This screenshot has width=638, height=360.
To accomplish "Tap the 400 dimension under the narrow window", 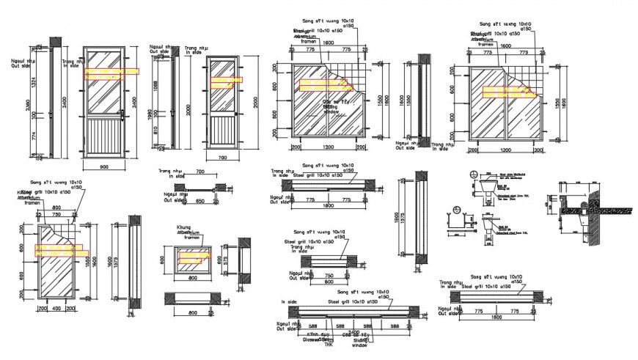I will click(57, 309).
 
